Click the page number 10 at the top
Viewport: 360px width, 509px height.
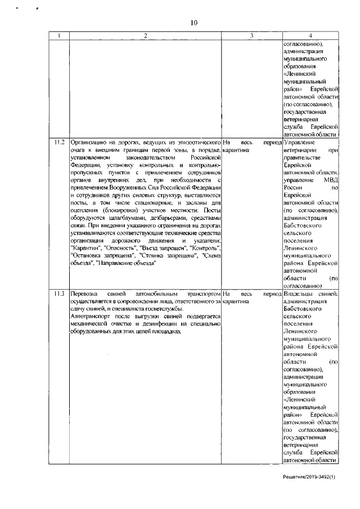click(x=194, y=22)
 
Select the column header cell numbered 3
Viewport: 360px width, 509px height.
click(x=252, y=36)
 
